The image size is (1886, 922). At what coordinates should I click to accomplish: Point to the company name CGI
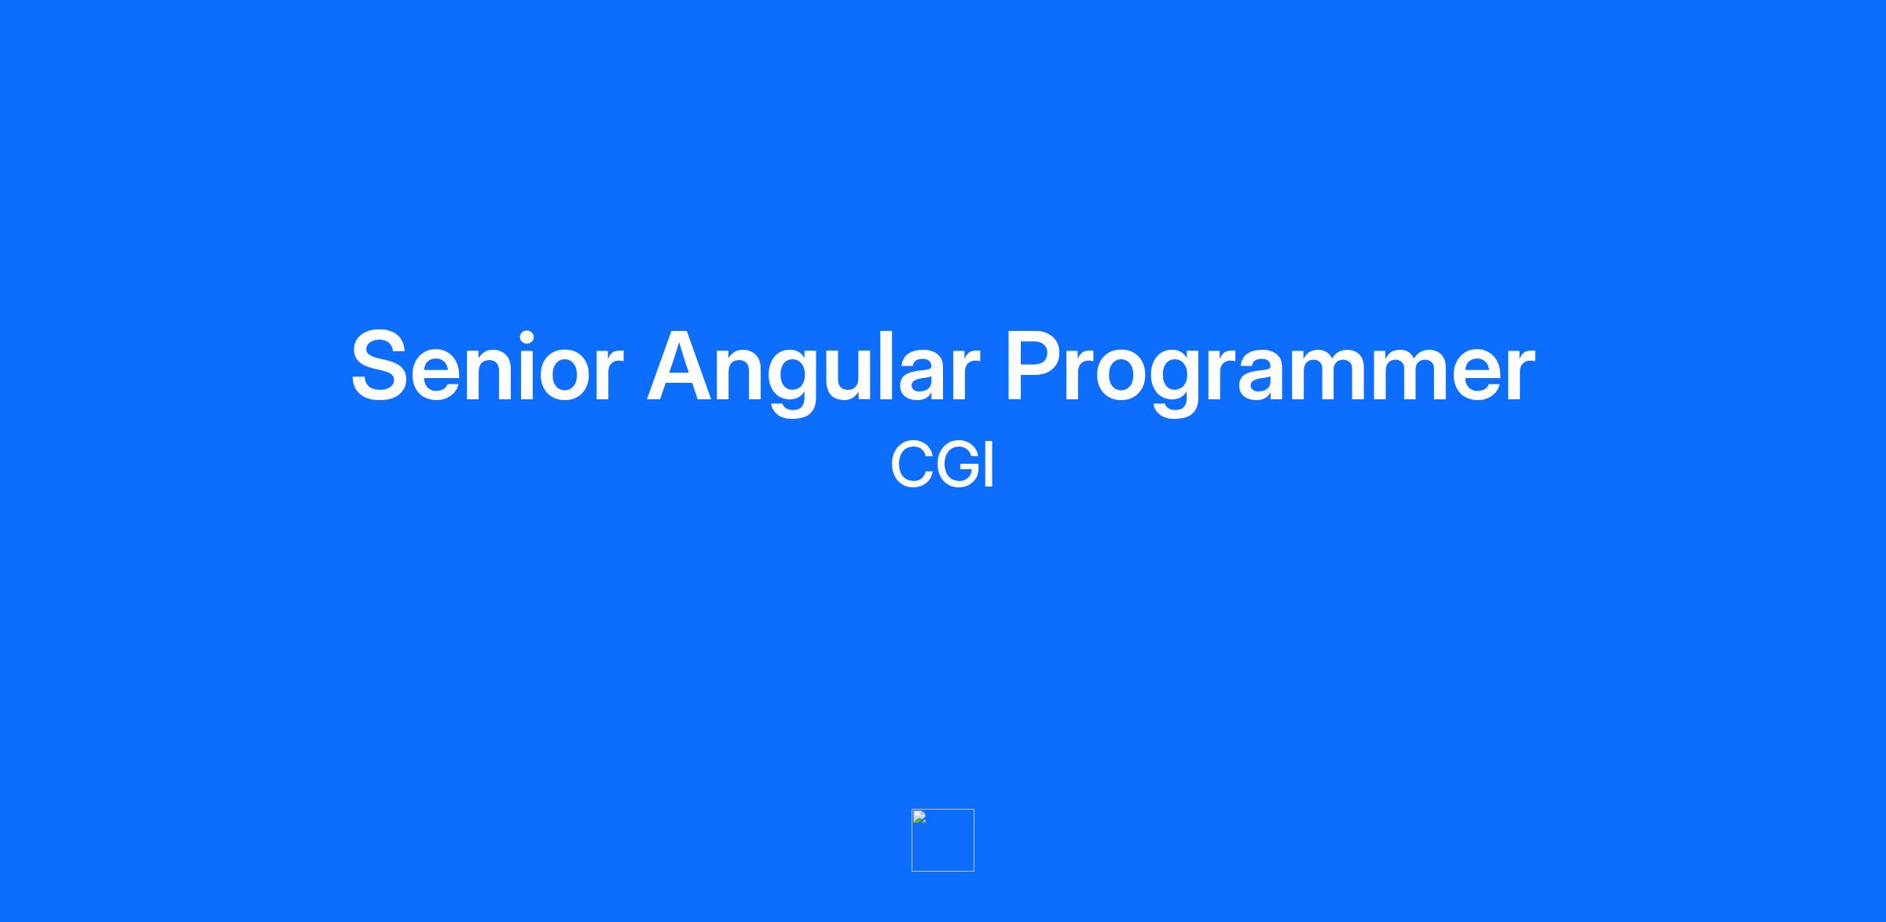(942, 465)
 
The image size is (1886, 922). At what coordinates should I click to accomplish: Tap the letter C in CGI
(912, 465)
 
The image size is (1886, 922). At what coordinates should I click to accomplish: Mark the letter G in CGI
(960, 465)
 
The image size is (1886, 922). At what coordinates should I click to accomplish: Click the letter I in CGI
(990, 465)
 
